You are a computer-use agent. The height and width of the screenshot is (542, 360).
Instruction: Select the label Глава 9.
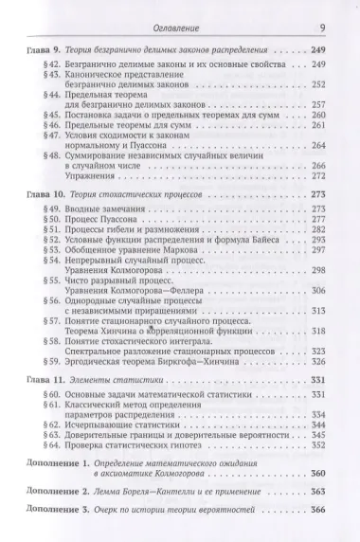coord(45,47)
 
